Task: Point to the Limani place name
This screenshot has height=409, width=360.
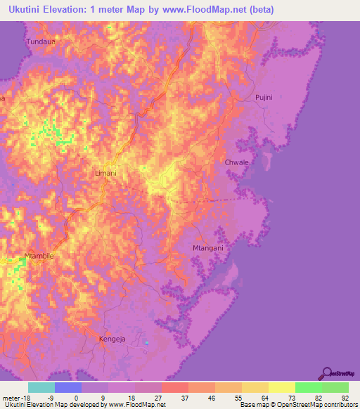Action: point(105,172)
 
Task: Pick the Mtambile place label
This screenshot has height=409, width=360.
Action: point(39,256)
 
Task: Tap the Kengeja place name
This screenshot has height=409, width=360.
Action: point(103,339)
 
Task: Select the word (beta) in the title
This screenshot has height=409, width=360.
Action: point(259,10)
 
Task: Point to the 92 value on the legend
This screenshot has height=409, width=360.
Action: point(345,397)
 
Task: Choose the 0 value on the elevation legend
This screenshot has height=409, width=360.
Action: point(77,397)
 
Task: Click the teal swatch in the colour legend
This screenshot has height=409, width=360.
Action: point(41,387)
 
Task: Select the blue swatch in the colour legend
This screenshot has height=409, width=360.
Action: point(68,387)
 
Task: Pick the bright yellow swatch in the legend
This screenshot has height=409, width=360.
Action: point(282,387)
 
